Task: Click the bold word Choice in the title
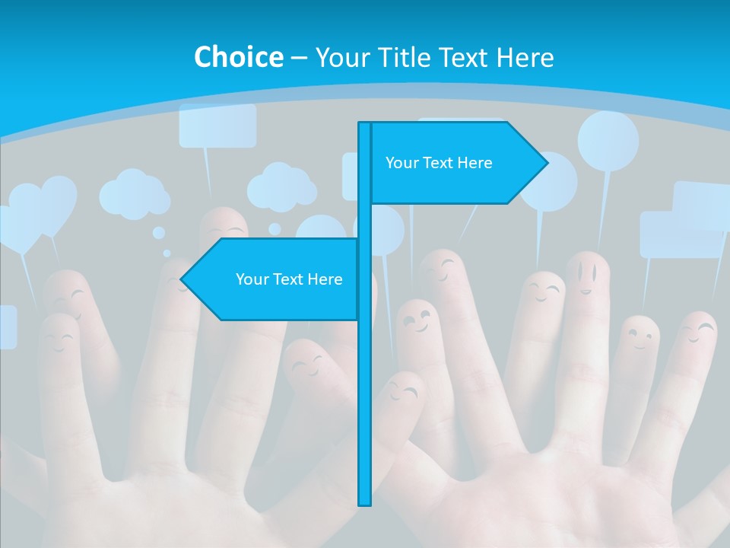[238, 57]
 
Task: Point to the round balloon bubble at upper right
[608, 141]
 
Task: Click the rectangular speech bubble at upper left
[217, 126]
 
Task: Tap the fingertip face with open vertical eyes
[586, 275]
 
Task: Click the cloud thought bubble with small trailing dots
[135, 194]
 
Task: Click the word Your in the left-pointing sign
[250, 279]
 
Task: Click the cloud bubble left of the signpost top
[281, 186]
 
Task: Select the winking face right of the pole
[417, 320]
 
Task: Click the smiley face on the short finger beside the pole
[402, 392]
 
